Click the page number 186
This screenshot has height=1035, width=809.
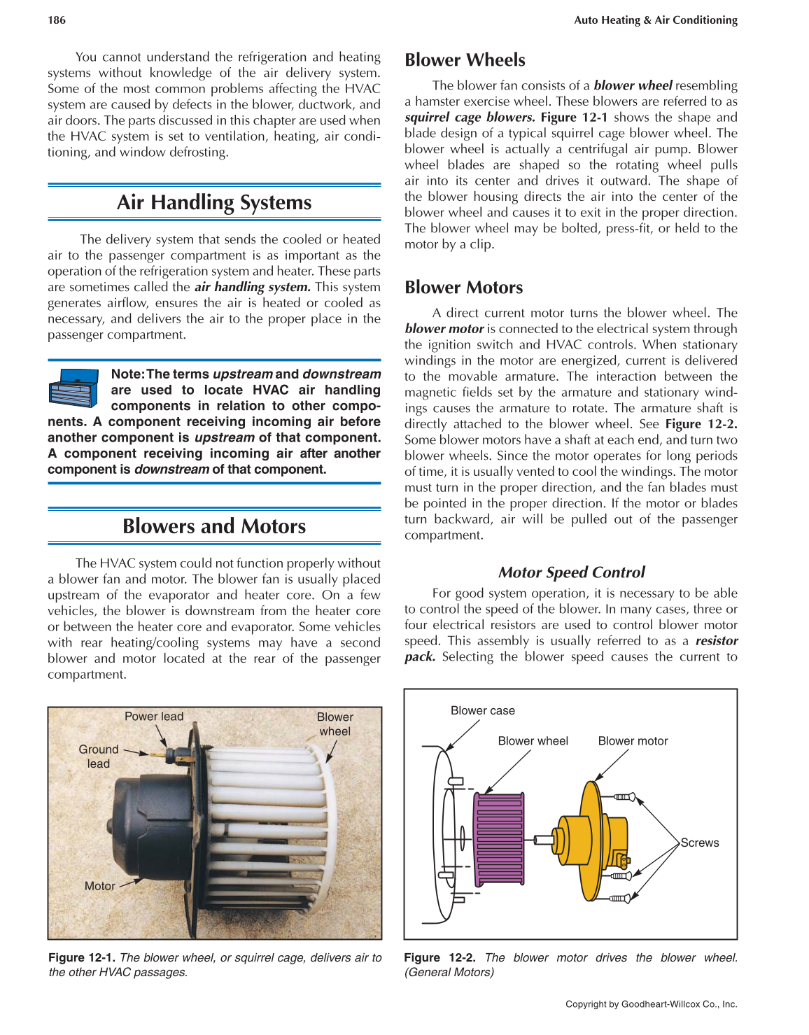point(57,20)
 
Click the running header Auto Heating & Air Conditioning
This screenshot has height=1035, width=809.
point(655,20)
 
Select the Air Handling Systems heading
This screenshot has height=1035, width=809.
point(214,202)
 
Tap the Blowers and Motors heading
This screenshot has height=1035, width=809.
point(214,526)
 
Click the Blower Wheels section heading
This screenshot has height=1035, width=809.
point(465,60)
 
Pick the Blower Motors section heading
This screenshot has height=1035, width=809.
point(463,288)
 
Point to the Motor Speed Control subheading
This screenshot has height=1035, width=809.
point(571,572)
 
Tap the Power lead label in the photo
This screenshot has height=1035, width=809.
point(153,717)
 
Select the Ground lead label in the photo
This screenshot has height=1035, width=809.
point(99,756)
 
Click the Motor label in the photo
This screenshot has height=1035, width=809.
point(99,886)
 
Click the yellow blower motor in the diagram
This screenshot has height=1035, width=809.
point(588,840)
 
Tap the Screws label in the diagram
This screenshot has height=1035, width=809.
point(700,843)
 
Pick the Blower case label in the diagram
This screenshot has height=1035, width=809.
point(482,711)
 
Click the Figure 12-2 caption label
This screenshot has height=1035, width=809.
point(439,957)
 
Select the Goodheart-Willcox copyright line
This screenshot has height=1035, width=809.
point(651,1004)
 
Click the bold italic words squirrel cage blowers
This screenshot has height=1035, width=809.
point(470,118)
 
